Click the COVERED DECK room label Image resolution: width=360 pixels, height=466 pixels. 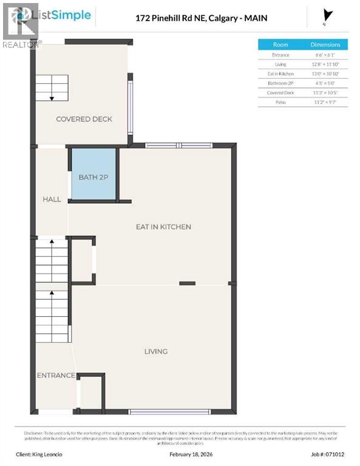pos(84,119)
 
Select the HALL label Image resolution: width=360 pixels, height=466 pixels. pos(52,199)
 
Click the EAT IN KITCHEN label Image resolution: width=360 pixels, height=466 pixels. pos(163,227)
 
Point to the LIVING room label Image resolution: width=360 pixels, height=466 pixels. pos(155,351)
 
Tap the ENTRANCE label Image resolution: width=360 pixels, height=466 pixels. pos(55,376)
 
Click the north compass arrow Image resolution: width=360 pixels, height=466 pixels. pos(328,16)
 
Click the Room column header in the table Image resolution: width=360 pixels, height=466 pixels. pos(280,44)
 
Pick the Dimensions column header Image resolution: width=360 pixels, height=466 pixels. pos(325,44)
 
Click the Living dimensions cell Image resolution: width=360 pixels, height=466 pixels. pos(325,64)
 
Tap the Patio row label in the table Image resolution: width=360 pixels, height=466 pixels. pos(280,103)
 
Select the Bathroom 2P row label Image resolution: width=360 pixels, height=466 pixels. pos(280,83)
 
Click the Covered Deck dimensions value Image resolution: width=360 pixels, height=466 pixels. pos(325,93)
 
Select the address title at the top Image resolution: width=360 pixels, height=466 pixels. pos(201,18)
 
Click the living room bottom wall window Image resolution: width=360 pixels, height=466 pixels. pos(169,412)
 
